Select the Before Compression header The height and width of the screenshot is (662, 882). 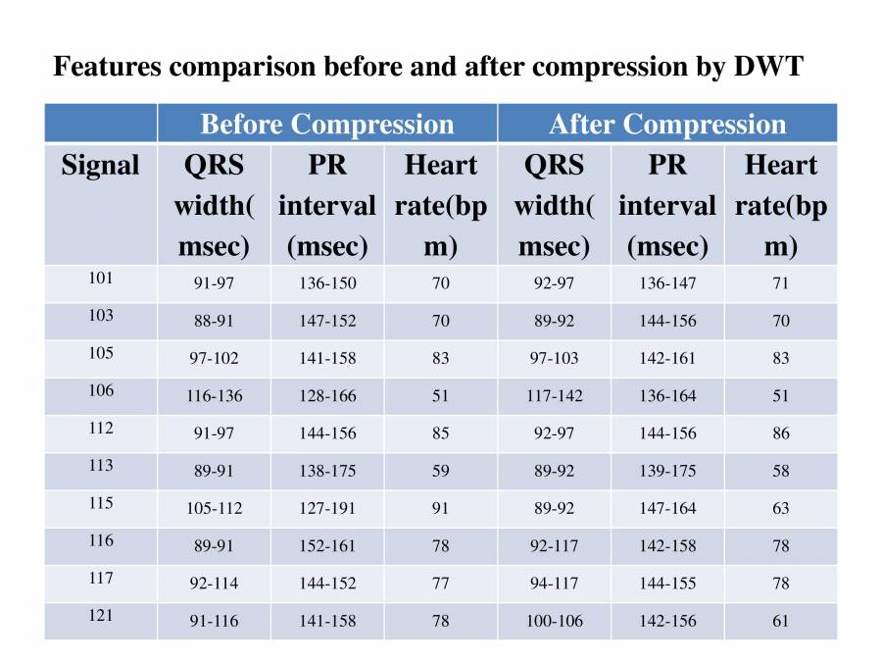click(326, 125)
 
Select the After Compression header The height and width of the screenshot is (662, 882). click(667, 125)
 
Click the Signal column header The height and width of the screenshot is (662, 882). click(100, 166)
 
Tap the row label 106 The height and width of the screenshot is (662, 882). click(101, 390)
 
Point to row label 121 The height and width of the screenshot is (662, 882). click(101, 616)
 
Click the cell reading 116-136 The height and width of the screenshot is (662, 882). click(215, 396)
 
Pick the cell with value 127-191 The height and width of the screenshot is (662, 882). click(327, 508)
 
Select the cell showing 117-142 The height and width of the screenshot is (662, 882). click(555, 396)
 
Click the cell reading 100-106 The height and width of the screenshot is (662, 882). click(555, 621)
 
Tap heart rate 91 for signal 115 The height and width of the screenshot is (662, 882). click(441, 508)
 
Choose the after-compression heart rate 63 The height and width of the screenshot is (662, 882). click(781, 508)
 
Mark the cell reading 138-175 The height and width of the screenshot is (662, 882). click(327, 471)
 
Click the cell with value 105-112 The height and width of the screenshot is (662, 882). click(215, 508)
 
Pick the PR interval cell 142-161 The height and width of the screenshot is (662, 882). click(667, 359)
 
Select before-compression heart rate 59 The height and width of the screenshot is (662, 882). click(441, 471)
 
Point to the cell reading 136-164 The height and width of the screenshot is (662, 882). click(667, 396)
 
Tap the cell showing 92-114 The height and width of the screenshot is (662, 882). click(215, 584)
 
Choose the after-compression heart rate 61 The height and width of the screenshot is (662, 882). click(781, 621)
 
